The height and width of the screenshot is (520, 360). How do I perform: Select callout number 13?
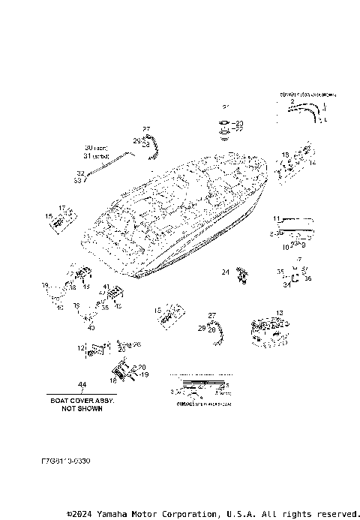click(280, 313)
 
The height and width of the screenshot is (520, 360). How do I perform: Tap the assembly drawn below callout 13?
click(271, 332)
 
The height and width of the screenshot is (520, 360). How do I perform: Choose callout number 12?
click(81, 347)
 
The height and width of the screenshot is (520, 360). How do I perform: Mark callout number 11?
click(276, 218)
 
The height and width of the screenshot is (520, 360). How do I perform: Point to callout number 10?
click(285, 245)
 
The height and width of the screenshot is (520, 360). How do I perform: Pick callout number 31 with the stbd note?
click(95, 156)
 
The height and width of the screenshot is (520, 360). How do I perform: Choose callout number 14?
click(312, 162)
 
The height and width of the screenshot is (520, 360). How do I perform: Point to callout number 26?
click(136, 344)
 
